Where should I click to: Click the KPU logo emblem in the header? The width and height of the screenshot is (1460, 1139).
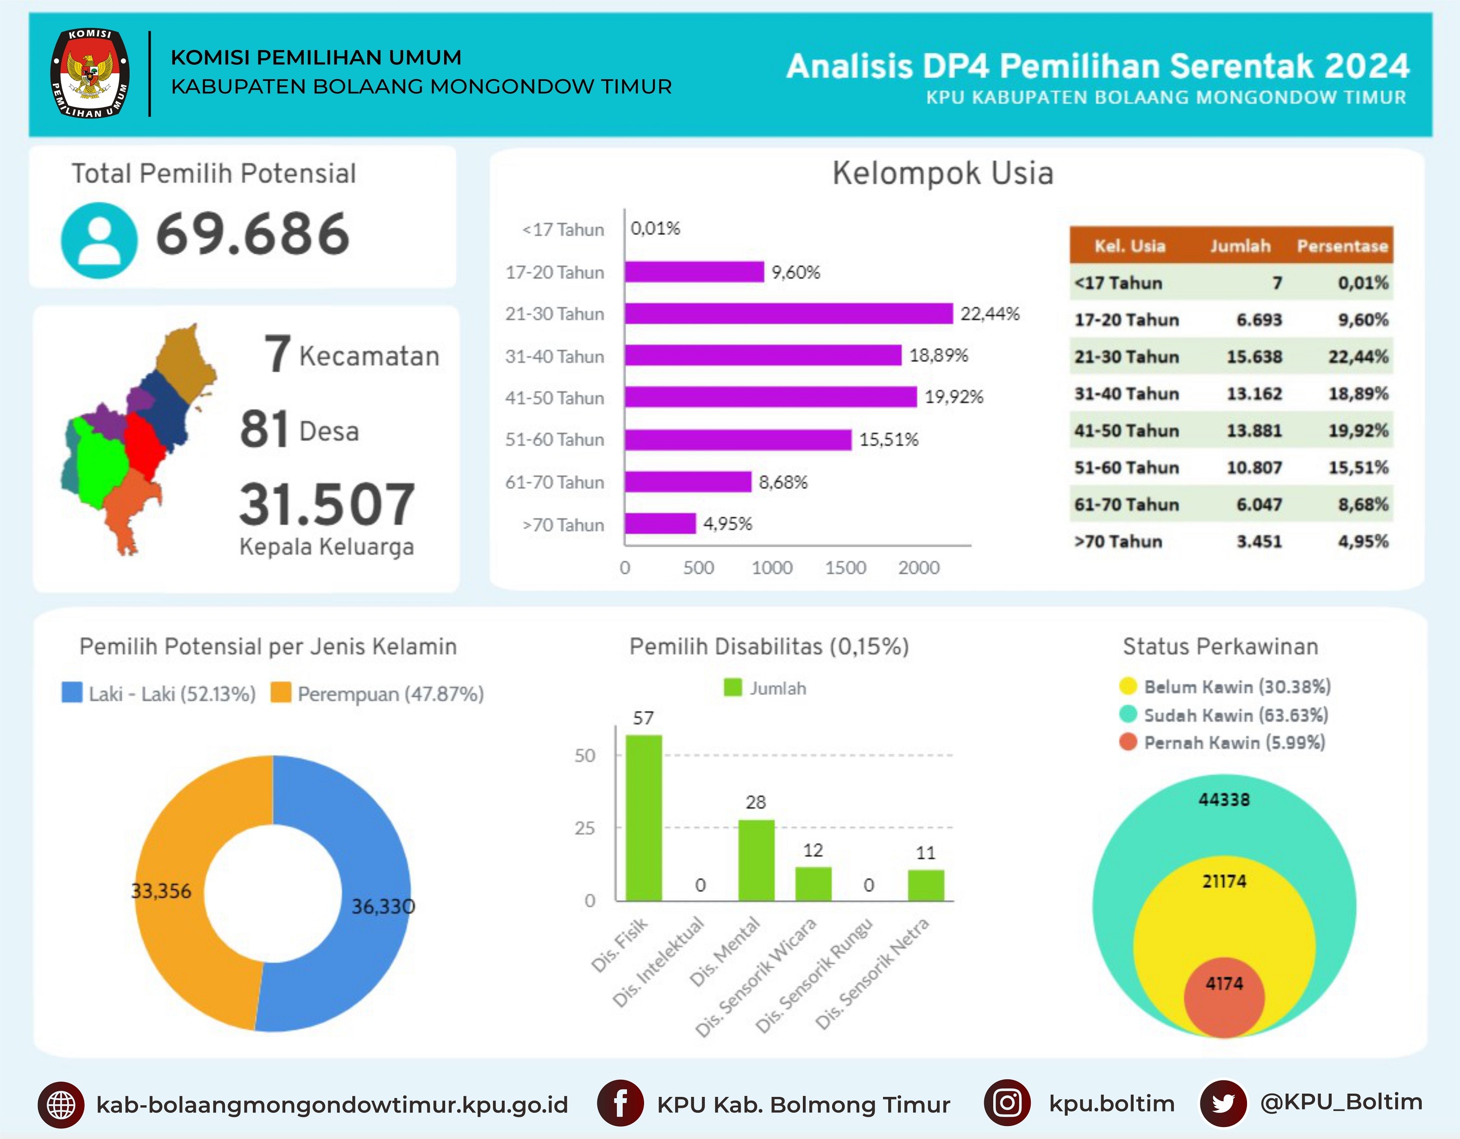[x=90, y=74]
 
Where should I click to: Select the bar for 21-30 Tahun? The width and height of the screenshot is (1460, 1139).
[x=789, y=313]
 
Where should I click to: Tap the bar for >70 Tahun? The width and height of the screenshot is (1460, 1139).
[x=660, y=523]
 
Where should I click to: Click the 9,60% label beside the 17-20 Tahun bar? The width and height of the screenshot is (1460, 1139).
[x=796, y=273]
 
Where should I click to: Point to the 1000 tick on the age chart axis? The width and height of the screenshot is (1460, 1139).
[x=771, y=568]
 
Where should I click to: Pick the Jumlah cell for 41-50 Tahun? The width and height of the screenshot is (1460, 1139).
[x=1254, y=431]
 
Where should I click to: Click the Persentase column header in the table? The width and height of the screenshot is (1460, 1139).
[x=1342, y=246]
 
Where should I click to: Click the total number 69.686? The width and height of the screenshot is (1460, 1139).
[x=253, y=234]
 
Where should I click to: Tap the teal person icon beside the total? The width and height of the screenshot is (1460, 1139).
[x=99, y=241]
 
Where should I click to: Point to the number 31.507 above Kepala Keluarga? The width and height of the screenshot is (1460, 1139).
[x=327, y=505]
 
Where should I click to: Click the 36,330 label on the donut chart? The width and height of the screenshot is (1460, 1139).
[x=383, y=907]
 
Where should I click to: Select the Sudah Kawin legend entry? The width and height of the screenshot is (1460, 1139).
[x=1224, y=715]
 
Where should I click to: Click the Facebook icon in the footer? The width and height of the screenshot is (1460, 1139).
[x=620, y=1103]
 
